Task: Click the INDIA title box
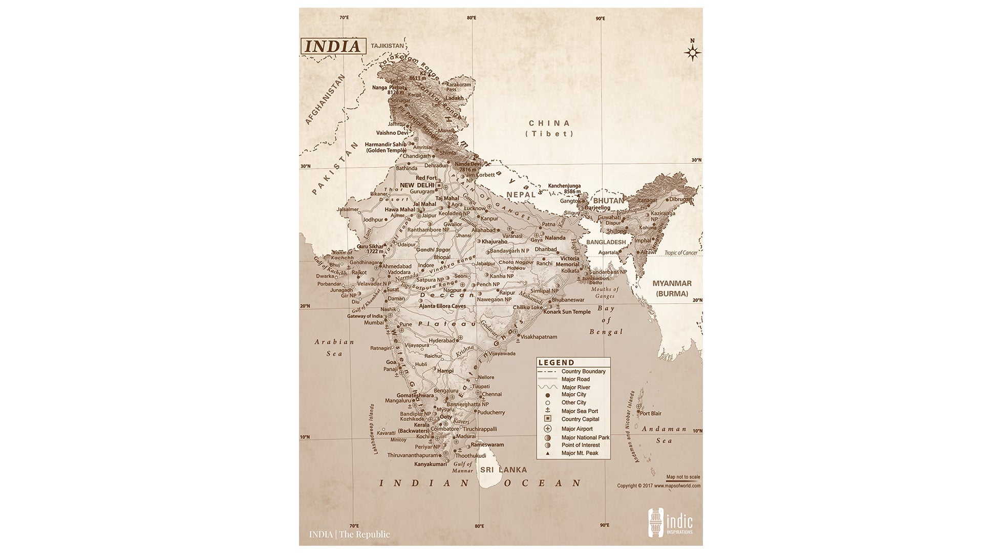[x=333, y=46]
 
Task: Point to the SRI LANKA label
[x=503, y=470]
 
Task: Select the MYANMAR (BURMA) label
[x=672, y=288]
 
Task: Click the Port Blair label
[x=650, y=413]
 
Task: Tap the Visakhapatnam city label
[x=539, y=337]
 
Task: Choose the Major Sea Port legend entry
[x=579, y=411]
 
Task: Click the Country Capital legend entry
[x=580, y=419]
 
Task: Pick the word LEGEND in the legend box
[x=556, y=363]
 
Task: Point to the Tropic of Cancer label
[x=681, y=253]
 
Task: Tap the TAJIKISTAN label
[x=388, y=46]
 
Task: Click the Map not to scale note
[x=683, y=477]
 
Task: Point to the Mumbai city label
[x=373, y=323]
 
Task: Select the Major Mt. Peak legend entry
[x=580, y=453]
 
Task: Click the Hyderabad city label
[x=442, y=341]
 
